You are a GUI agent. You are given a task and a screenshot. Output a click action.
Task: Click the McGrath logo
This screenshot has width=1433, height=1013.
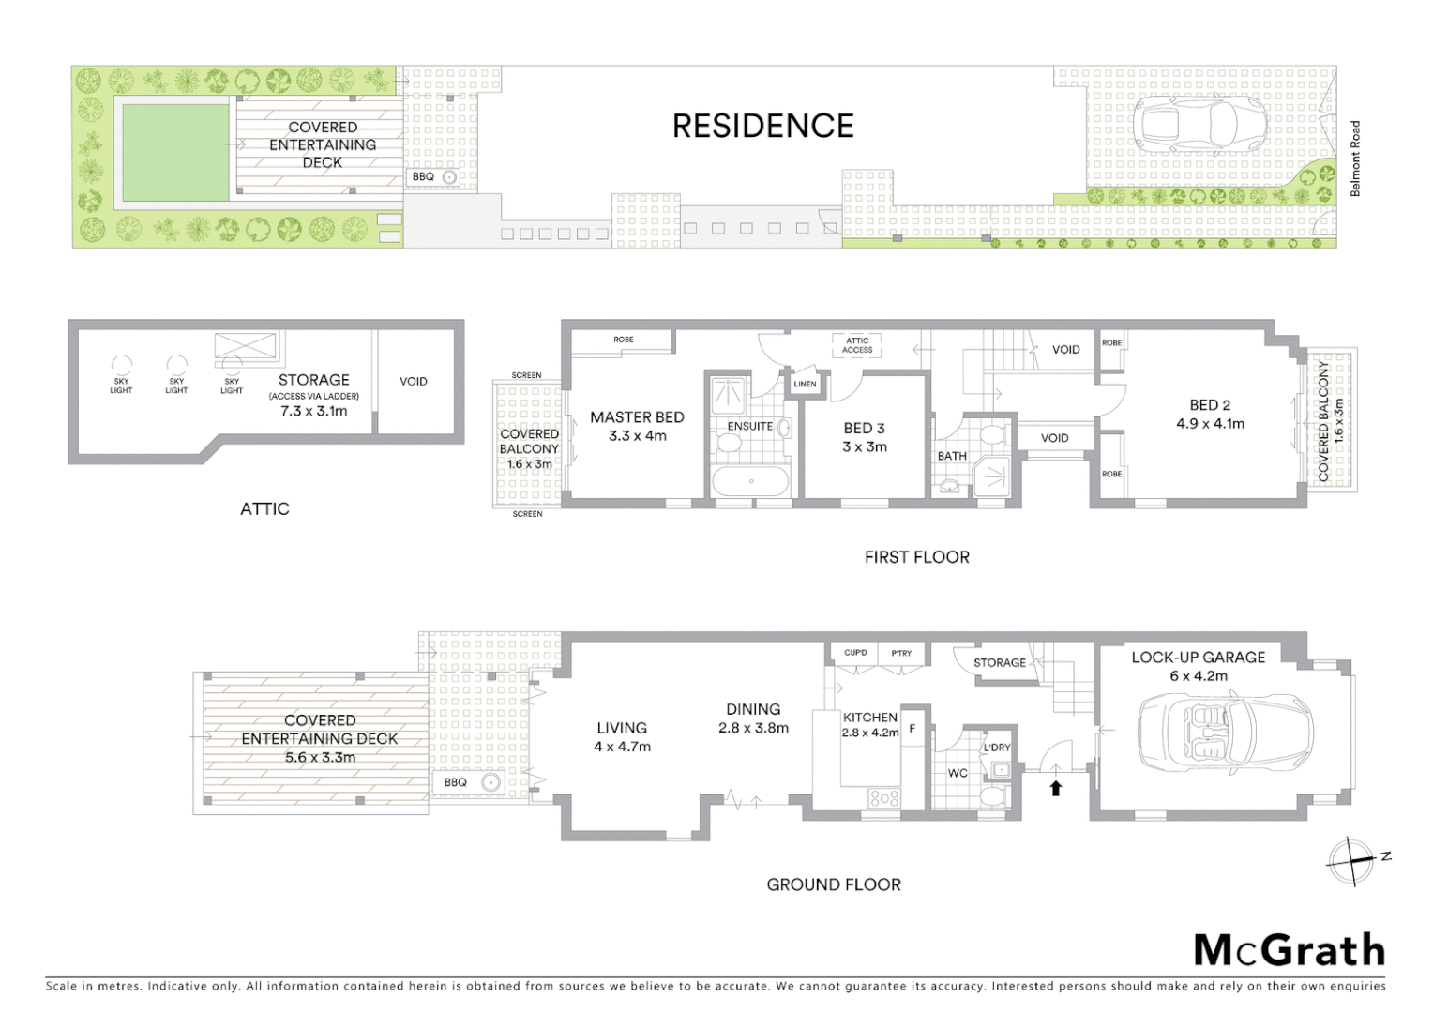tap(1289, 950)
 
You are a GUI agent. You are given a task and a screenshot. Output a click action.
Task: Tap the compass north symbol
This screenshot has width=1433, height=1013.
tap(1352, 858)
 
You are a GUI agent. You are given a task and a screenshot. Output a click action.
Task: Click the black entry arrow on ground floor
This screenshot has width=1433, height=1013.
tap(1055, 788)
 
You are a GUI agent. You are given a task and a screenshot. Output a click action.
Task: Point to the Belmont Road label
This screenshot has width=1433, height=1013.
tap(1354, 159)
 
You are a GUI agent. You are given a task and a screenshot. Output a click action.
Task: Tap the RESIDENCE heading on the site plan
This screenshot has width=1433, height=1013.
tap(762, 126)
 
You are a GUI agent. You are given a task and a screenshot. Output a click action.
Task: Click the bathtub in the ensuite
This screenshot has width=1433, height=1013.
tap(751, 482)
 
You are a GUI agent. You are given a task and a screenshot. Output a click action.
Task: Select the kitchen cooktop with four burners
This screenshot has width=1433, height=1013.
tap(884, 798)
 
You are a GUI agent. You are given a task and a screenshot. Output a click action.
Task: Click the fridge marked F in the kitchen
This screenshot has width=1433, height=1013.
tap(913, 729)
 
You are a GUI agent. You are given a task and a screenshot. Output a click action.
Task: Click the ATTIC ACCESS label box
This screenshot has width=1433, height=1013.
tap(857, 345)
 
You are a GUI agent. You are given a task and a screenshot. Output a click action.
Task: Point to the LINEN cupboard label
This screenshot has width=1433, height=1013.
tap(805, 384)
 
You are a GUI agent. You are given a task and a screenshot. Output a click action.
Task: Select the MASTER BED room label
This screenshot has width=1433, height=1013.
tap(637, 417)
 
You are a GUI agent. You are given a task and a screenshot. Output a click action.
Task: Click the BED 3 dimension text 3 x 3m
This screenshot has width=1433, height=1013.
tap(864, 446)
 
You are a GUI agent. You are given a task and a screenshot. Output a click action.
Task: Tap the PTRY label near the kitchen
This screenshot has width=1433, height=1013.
tap(901, 653)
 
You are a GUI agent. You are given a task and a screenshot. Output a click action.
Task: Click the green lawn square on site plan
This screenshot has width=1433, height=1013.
tap(175, 152)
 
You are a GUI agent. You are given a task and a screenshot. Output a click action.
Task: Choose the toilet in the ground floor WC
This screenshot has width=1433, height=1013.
tap(990, 796)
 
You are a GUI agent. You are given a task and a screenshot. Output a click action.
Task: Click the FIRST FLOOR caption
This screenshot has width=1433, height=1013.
tap(916, 557)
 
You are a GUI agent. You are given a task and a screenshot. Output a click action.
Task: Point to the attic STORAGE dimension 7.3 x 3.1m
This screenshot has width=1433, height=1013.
tap(313, 411)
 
